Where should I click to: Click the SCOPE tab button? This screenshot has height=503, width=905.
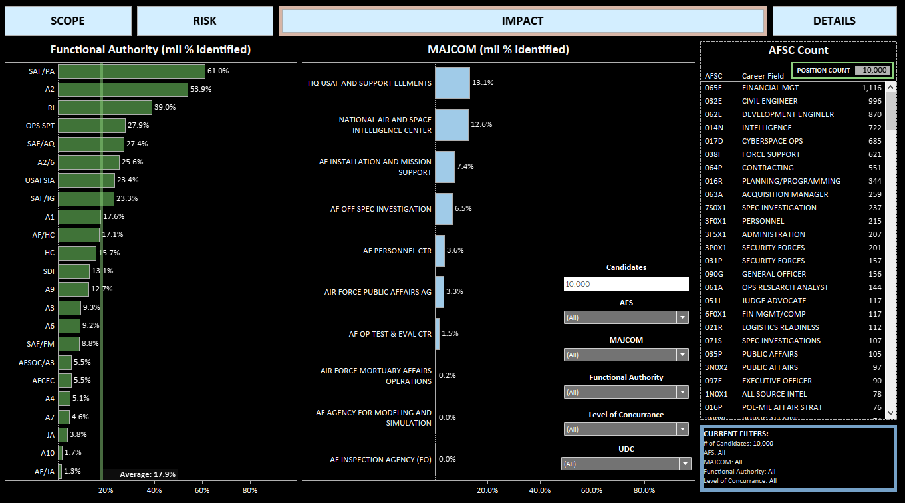coord(68,21)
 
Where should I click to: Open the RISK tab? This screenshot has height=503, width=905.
coord(205,21)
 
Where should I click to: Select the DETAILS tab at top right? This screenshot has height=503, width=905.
coord(834,21)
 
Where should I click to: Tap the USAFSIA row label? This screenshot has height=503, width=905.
coord(40,180)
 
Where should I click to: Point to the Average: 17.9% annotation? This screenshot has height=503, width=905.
coord(148,474)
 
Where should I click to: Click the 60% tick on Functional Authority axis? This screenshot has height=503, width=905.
coord(202,490)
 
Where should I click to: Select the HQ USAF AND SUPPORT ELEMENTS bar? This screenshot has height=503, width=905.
coord(452,83)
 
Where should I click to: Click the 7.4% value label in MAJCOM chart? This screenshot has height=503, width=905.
coord(465,166)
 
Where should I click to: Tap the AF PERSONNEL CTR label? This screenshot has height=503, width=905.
coord(397,251)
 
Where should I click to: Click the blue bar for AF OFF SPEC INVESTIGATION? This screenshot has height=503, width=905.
coord(444,209)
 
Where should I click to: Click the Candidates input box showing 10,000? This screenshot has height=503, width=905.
coord(626,284)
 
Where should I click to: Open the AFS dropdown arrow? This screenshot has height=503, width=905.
coord(682,317)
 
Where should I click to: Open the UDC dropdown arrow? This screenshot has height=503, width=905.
coord(684,464)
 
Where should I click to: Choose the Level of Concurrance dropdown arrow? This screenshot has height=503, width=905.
coord(682,429)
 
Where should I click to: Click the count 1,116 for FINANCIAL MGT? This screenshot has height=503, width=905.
coord(871,88)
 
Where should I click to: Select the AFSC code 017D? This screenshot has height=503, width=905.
coord(714,141)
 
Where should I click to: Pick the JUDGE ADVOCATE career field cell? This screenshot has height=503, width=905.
coord(773,301)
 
